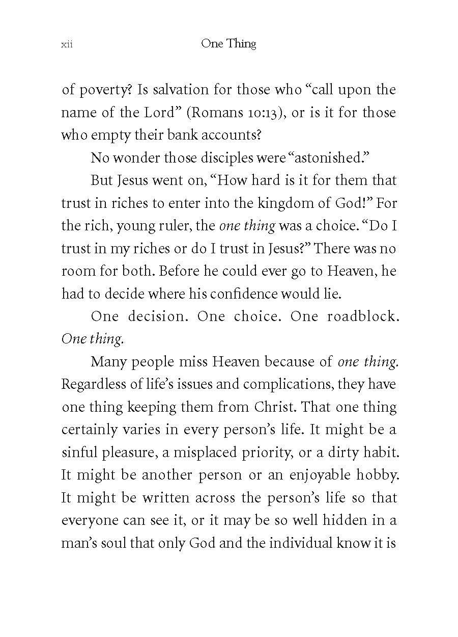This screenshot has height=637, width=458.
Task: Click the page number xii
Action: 67,45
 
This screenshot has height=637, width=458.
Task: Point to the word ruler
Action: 164,226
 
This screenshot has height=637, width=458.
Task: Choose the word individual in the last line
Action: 301,543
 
